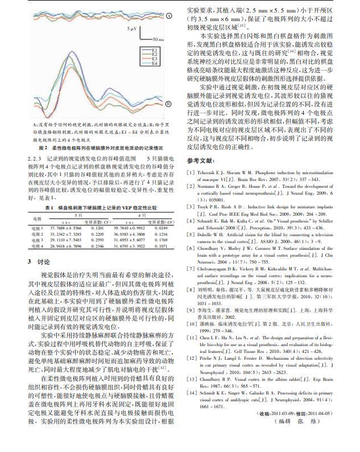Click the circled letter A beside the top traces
click(168, 16)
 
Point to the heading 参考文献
click(202, 160)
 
